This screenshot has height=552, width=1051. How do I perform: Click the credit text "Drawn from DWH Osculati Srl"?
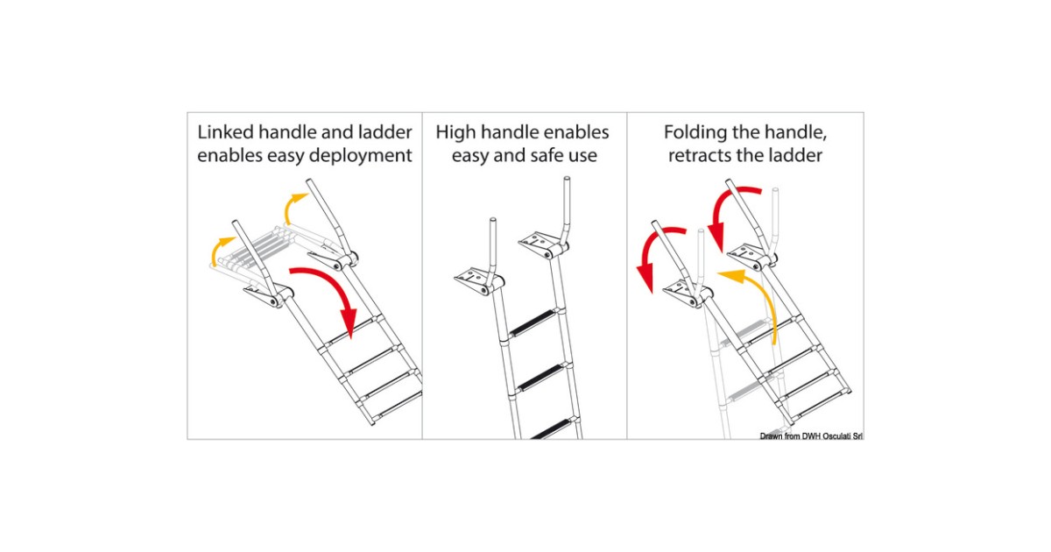[811, 436]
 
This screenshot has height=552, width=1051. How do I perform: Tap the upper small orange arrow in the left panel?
[293, 207]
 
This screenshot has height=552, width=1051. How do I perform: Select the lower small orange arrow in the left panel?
[219, 249]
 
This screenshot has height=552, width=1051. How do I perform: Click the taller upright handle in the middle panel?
[566, 212]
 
